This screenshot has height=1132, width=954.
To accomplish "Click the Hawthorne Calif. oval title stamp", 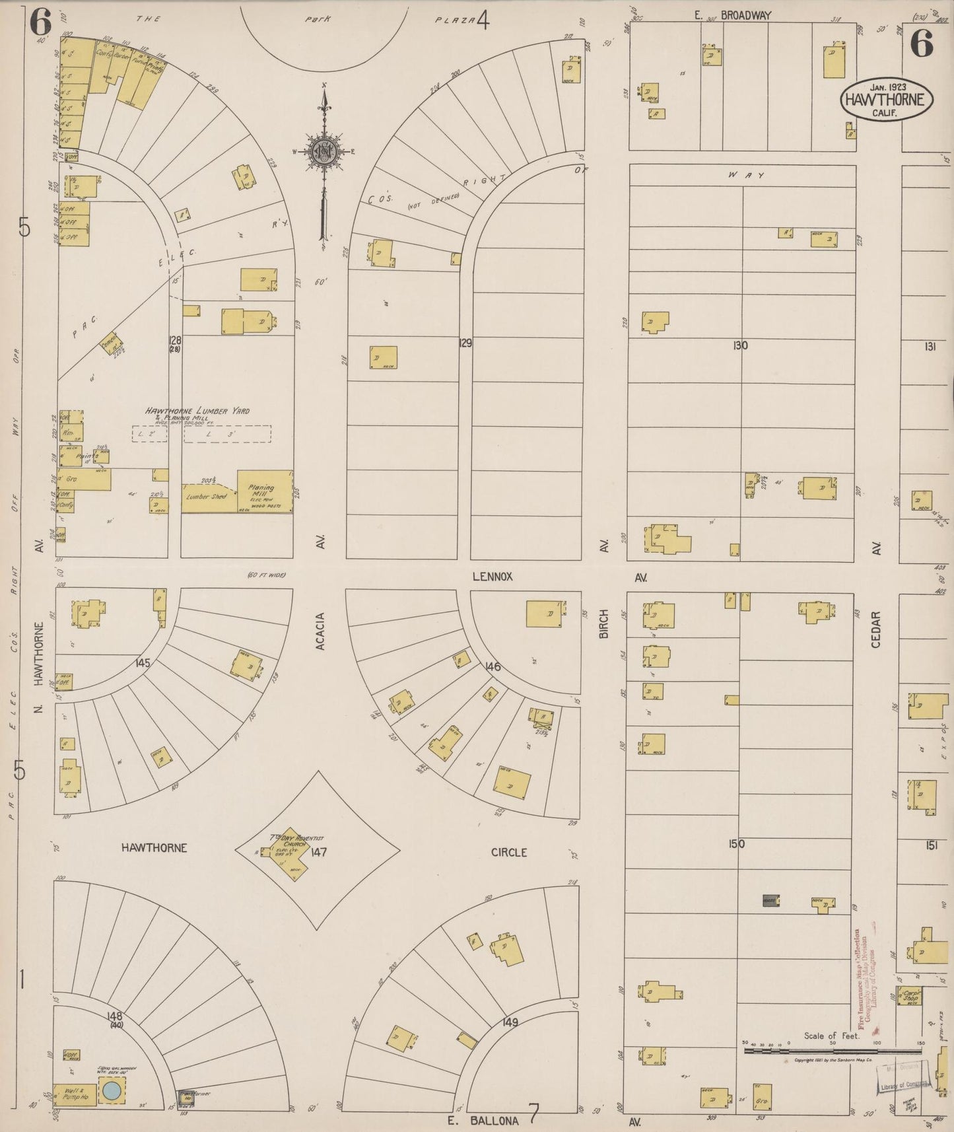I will (887, 99).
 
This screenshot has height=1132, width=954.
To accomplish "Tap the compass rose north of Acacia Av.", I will (324, 151).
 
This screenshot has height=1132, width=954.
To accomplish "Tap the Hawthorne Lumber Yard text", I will (197, 411).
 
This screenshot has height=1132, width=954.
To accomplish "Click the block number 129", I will (465, 343).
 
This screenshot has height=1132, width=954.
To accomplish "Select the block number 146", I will (493, 667).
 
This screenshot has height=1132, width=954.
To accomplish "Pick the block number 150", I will (736, 843).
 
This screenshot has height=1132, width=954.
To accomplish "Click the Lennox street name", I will (493, 577).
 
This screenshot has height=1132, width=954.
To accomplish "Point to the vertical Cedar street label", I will (876, 629).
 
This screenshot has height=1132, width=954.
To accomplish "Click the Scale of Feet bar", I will (832, 1049).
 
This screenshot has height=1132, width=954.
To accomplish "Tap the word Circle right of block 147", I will (509, 853).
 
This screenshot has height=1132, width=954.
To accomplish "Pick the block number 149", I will (510, 1022).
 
